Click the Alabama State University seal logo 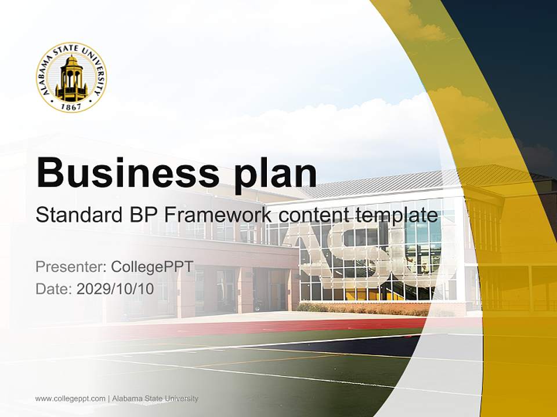click(x=71, y=77)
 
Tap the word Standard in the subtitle click(x=77, y=215)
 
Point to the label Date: click(x=53, y=288)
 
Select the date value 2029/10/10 click(x=115, y=288)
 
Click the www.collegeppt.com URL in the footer click(x=70, y=398)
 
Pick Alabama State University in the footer click(x=155, y=398)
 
